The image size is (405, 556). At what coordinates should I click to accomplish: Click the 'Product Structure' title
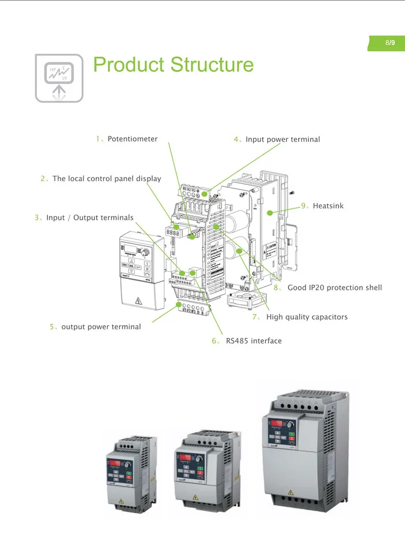(x=173, y=64)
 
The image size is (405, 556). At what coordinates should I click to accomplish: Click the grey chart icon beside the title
(x=59, y=78)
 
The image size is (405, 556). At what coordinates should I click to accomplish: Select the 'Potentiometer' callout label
(x=132, y=139)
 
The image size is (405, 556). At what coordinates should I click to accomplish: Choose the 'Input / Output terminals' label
(x=90, y=218)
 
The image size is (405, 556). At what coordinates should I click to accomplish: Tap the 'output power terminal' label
(x=101, y=327)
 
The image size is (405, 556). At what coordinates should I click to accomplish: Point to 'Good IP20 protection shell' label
(x=334, y=288)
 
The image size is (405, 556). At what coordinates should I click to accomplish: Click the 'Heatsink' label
(x=327, y=206)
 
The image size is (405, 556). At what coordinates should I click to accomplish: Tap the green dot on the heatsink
(x=269, y=213)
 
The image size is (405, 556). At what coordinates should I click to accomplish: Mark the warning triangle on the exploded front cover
(x=138, y=300)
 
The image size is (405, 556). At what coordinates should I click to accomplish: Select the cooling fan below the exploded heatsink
(x=242, y=301)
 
